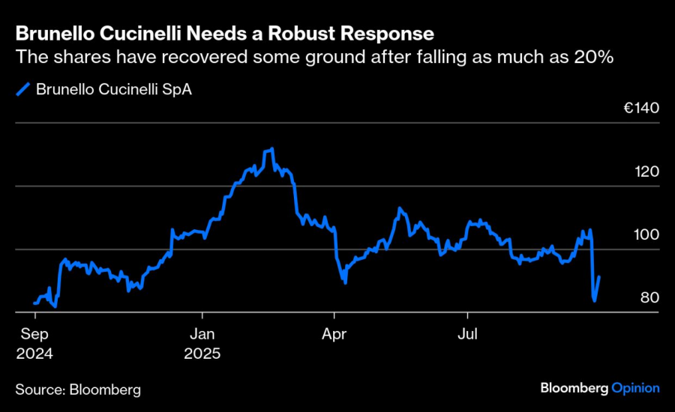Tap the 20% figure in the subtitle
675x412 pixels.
pos(595,57)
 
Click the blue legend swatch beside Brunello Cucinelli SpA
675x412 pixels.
pos(22,89)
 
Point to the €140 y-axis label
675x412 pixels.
pos(641,108)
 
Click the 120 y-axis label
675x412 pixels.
pos(646,172)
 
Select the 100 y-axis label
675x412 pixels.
pos(646,234)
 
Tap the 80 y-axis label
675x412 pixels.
pos(649,297)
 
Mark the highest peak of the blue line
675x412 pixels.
pos(271,149)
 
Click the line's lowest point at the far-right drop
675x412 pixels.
pos(595,300)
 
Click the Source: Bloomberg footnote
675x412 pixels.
pos(78,390)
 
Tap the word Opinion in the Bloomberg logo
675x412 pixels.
pos(635,388)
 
